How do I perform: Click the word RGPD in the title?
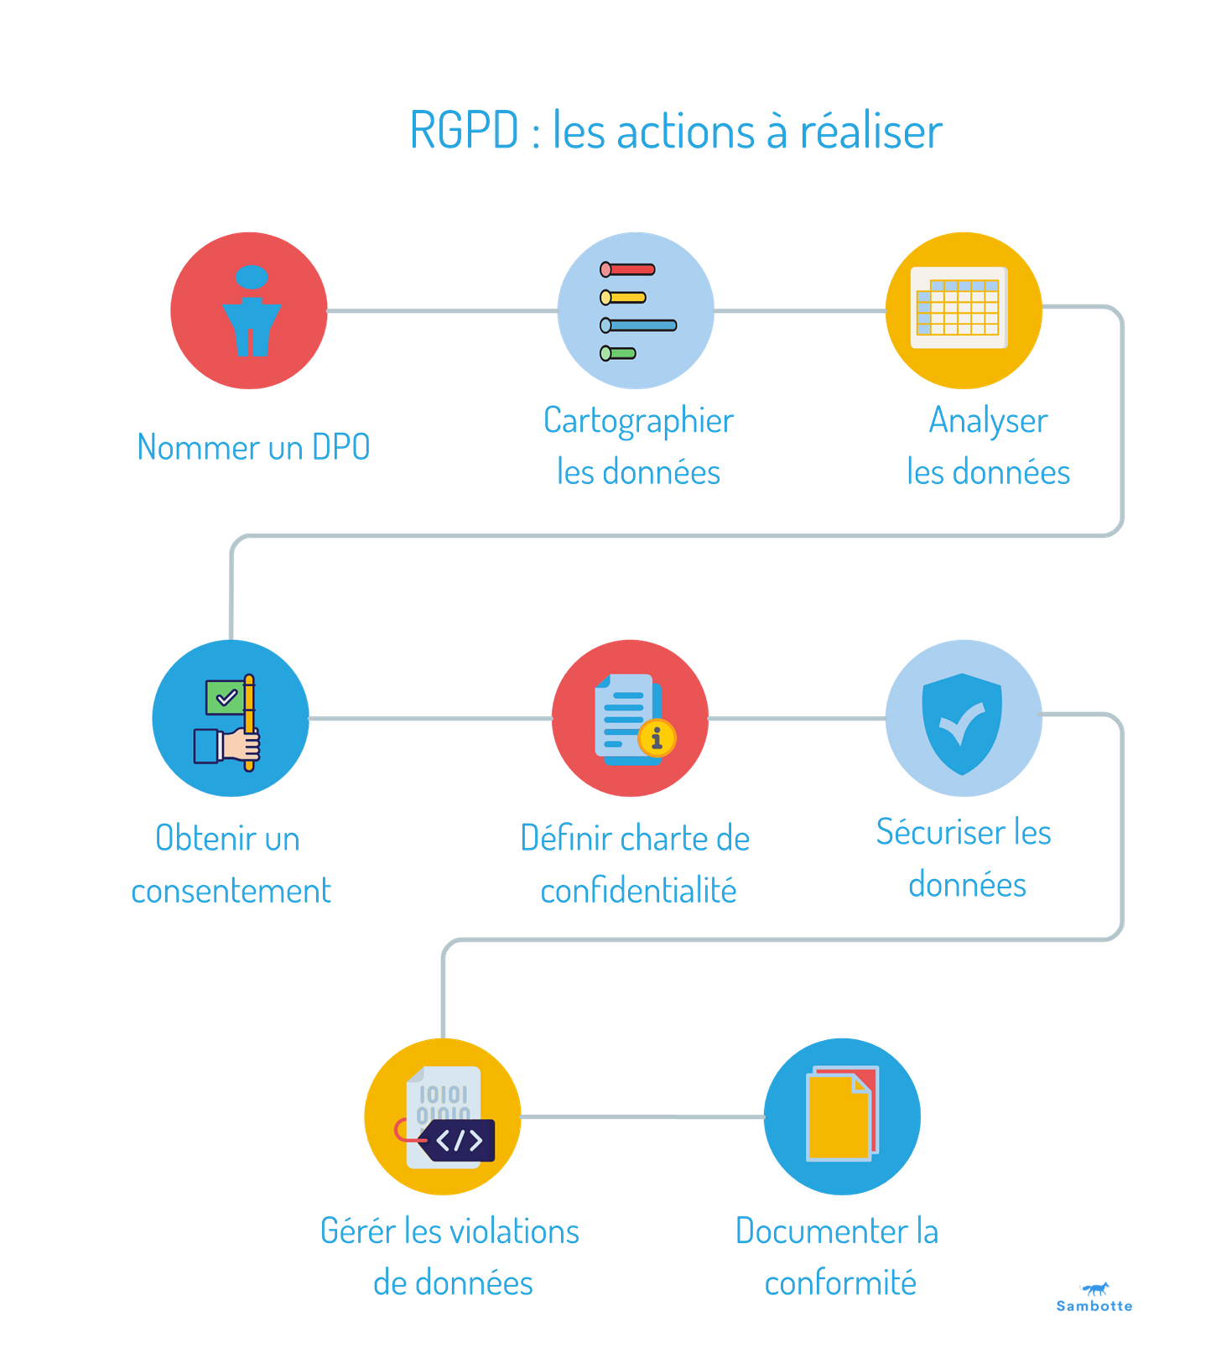(x=464, y=131)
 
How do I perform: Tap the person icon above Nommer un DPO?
(x=251, y=311)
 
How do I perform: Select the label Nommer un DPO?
(x=253, y=446)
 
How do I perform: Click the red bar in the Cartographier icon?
(x=627, y=270)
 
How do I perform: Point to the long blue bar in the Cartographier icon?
(x=638, y=325)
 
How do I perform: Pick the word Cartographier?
(x=638, y=420)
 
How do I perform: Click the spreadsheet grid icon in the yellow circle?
(x=959, y=308)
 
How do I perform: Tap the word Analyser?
(x=988, y=420)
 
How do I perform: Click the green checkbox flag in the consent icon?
(x=224, y=697)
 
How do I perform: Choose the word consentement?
(x=231, y=890)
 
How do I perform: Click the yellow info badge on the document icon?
(x=657, y=738)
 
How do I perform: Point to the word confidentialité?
(x=638, y=890)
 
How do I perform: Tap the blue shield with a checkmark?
(x=962, y=721)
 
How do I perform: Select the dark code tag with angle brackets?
(x=459, y=1140)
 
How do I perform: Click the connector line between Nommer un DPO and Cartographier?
(x=442, y=310)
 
